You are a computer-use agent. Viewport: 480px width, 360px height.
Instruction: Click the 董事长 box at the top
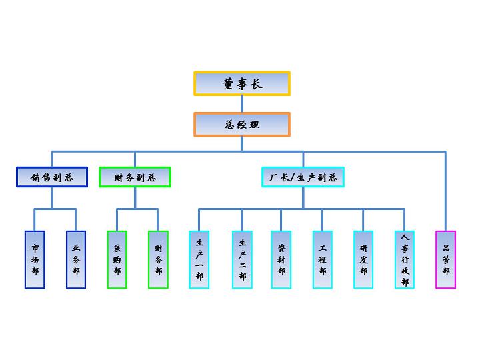coord(242,84)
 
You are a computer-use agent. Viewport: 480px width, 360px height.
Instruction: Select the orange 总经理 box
coord(242,124)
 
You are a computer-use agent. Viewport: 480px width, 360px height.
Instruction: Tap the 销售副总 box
coord(51,177)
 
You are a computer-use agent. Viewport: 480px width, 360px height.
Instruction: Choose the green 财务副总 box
coord(135,177)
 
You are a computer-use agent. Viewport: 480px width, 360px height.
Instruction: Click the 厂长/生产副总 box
coord(303,177)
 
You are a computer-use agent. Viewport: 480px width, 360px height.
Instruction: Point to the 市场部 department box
coord(35,259)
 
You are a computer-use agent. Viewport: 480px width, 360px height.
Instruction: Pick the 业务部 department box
coord(76,259)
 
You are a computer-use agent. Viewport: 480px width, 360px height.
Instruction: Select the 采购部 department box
coord(117,259)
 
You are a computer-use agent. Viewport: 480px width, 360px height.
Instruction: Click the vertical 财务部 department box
coord(159,259)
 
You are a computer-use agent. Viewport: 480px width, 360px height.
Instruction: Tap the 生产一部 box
coord(199,259)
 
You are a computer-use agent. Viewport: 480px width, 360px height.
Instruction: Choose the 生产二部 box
coord(242,259)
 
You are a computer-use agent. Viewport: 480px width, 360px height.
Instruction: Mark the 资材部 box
coord(281,259)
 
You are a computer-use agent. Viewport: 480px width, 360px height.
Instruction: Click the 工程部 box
coord(323,259)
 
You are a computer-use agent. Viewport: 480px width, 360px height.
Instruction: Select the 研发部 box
coord(363,259)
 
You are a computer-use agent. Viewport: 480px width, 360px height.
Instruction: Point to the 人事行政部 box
coord(405,259)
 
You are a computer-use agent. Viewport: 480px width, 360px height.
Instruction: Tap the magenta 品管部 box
coord(445,259)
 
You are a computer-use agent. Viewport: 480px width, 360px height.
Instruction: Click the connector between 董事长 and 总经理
coord(242,104)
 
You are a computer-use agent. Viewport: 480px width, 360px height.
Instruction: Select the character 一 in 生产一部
coord(199,266)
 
